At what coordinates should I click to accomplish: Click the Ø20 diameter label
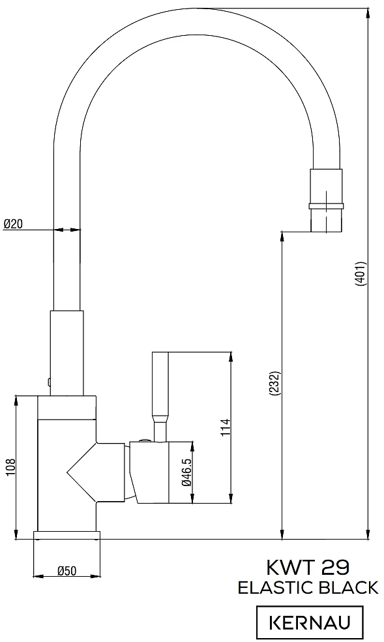(13, 224)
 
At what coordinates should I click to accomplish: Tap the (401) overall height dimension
(359, 273)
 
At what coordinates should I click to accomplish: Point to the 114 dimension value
(226, 427)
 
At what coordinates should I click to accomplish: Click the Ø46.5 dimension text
(187, 472)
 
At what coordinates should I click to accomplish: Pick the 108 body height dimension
(10, 467)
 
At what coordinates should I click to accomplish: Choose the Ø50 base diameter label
(67, 571)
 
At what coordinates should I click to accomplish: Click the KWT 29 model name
(308, 568)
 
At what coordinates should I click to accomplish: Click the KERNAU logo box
(310, 623)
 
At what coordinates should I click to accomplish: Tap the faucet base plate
(66, 536)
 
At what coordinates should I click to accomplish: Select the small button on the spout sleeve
(49, 382)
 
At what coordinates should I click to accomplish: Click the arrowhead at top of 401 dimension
(368, 12)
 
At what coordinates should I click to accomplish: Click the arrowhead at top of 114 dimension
(231, 356)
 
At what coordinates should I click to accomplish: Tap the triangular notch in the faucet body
(81, 472)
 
